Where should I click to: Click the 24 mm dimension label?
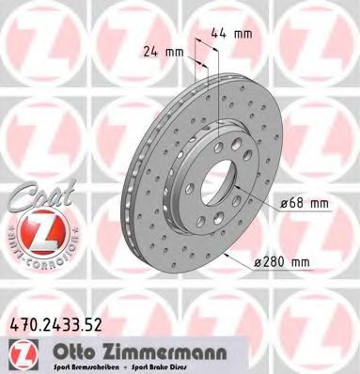coord(164,53)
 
